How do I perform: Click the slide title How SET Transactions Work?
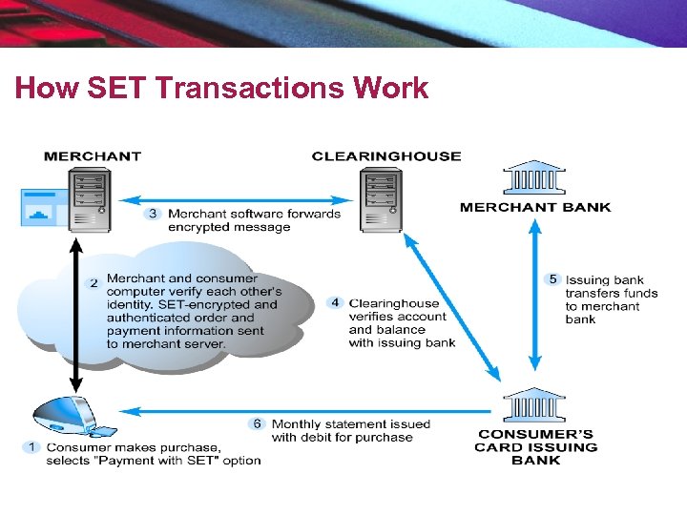click(221, 89)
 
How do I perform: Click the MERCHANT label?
click(93, 156)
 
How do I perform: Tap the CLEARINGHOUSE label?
click(386, 156)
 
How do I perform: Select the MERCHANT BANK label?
click(535, 207)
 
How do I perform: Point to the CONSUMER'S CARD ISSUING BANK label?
click(535, 447)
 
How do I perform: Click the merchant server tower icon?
click(89, 198)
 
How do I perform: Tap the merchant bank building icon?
click(534, 177)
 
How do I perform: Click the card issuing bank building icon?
click(534, 405)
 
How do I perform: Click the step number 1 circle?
click(32, 446)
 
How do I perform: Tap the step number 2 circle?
click(94, 283)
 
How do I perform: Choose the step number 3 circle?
click(153, 214)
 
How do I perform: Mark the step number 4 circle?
click(335, 303)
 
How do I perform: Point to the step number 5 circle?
click(552, 279)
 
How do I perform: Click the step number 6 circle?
click(257, 423)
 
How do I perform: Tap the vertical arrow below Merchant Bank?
click(535, 296)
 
